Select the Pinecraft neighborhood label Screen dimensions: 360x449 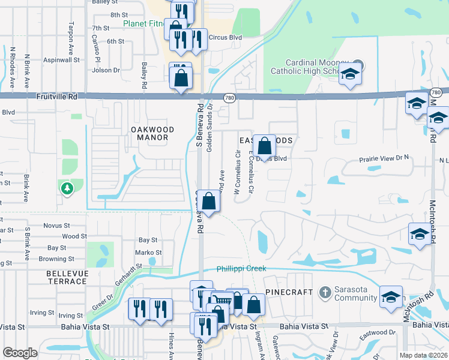[289, 292]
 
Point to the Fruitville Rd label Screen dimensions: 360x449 [57, 95]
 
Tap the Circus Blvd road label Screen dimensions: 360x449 [224, 37]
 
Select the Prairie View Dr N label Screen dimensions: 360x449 [383, 158]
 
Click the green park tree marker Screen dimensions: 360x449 [66, 188]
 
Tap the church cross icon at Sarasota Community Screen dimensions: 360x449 [325, 293]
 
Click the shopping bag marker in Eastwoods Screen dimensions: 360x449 [264, 145]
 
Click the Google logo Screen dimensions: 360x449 [20, 353]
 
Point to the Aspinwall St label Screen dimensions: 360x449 [61, 60]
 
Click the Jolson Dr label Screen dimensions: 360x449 [106, 70]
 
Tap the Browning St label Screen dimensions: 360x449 [57, 259]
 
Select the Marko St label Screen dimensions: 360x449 [148, 253]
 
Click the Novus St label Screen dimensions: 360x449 [57, 226]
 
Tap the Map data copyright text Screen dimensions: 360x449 [422, 355]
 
